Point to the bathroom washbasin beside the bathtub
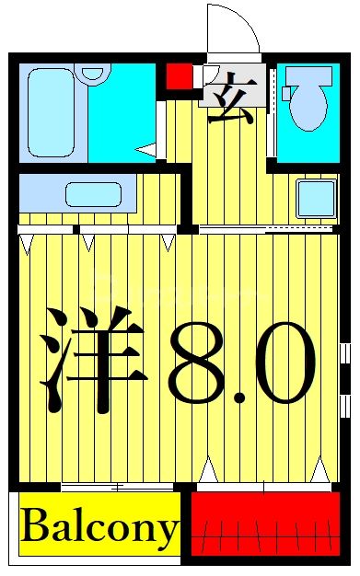point(91,71)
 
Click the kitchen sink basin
point(93,194)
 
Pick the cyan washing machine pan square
point(316,198)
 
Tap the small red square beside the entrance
point(179,75)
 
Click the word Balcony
point(98,529)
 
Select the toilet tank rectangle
point(287,93)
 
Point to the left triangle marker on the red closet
point(208,471)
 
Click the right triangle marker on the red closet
point(319,471)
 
